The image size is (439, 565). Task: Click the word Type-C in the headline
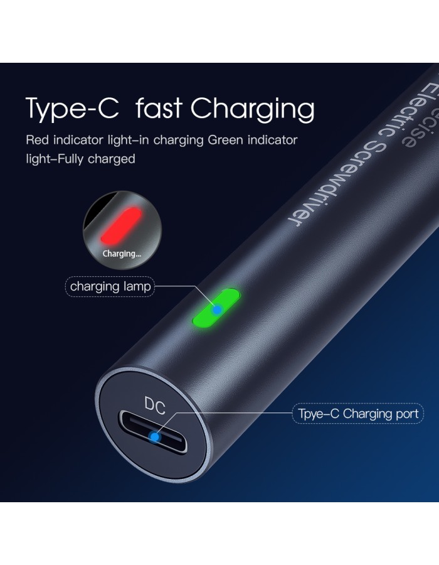72,109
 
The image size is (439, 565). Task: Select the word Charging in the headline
252,109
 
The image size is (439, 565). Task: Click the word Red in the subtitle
38,140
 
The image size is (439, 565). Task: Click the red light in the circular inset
121,225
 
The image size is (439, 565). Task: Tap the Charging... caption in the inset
122,254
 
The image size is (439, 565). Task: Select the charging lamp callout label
110,286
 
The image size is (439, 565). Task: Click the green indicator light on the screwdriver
216,308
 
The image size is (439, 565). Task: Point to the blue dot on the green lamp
217,309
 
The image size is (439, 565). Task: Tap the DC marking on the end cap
155,406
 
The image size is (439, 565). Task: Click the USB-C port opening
154,432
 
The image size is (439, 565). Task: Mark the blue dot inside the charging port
155,437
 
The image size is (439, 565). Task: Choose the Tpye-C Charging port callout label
358,414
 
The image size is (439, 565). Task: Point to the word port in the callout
407,414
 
